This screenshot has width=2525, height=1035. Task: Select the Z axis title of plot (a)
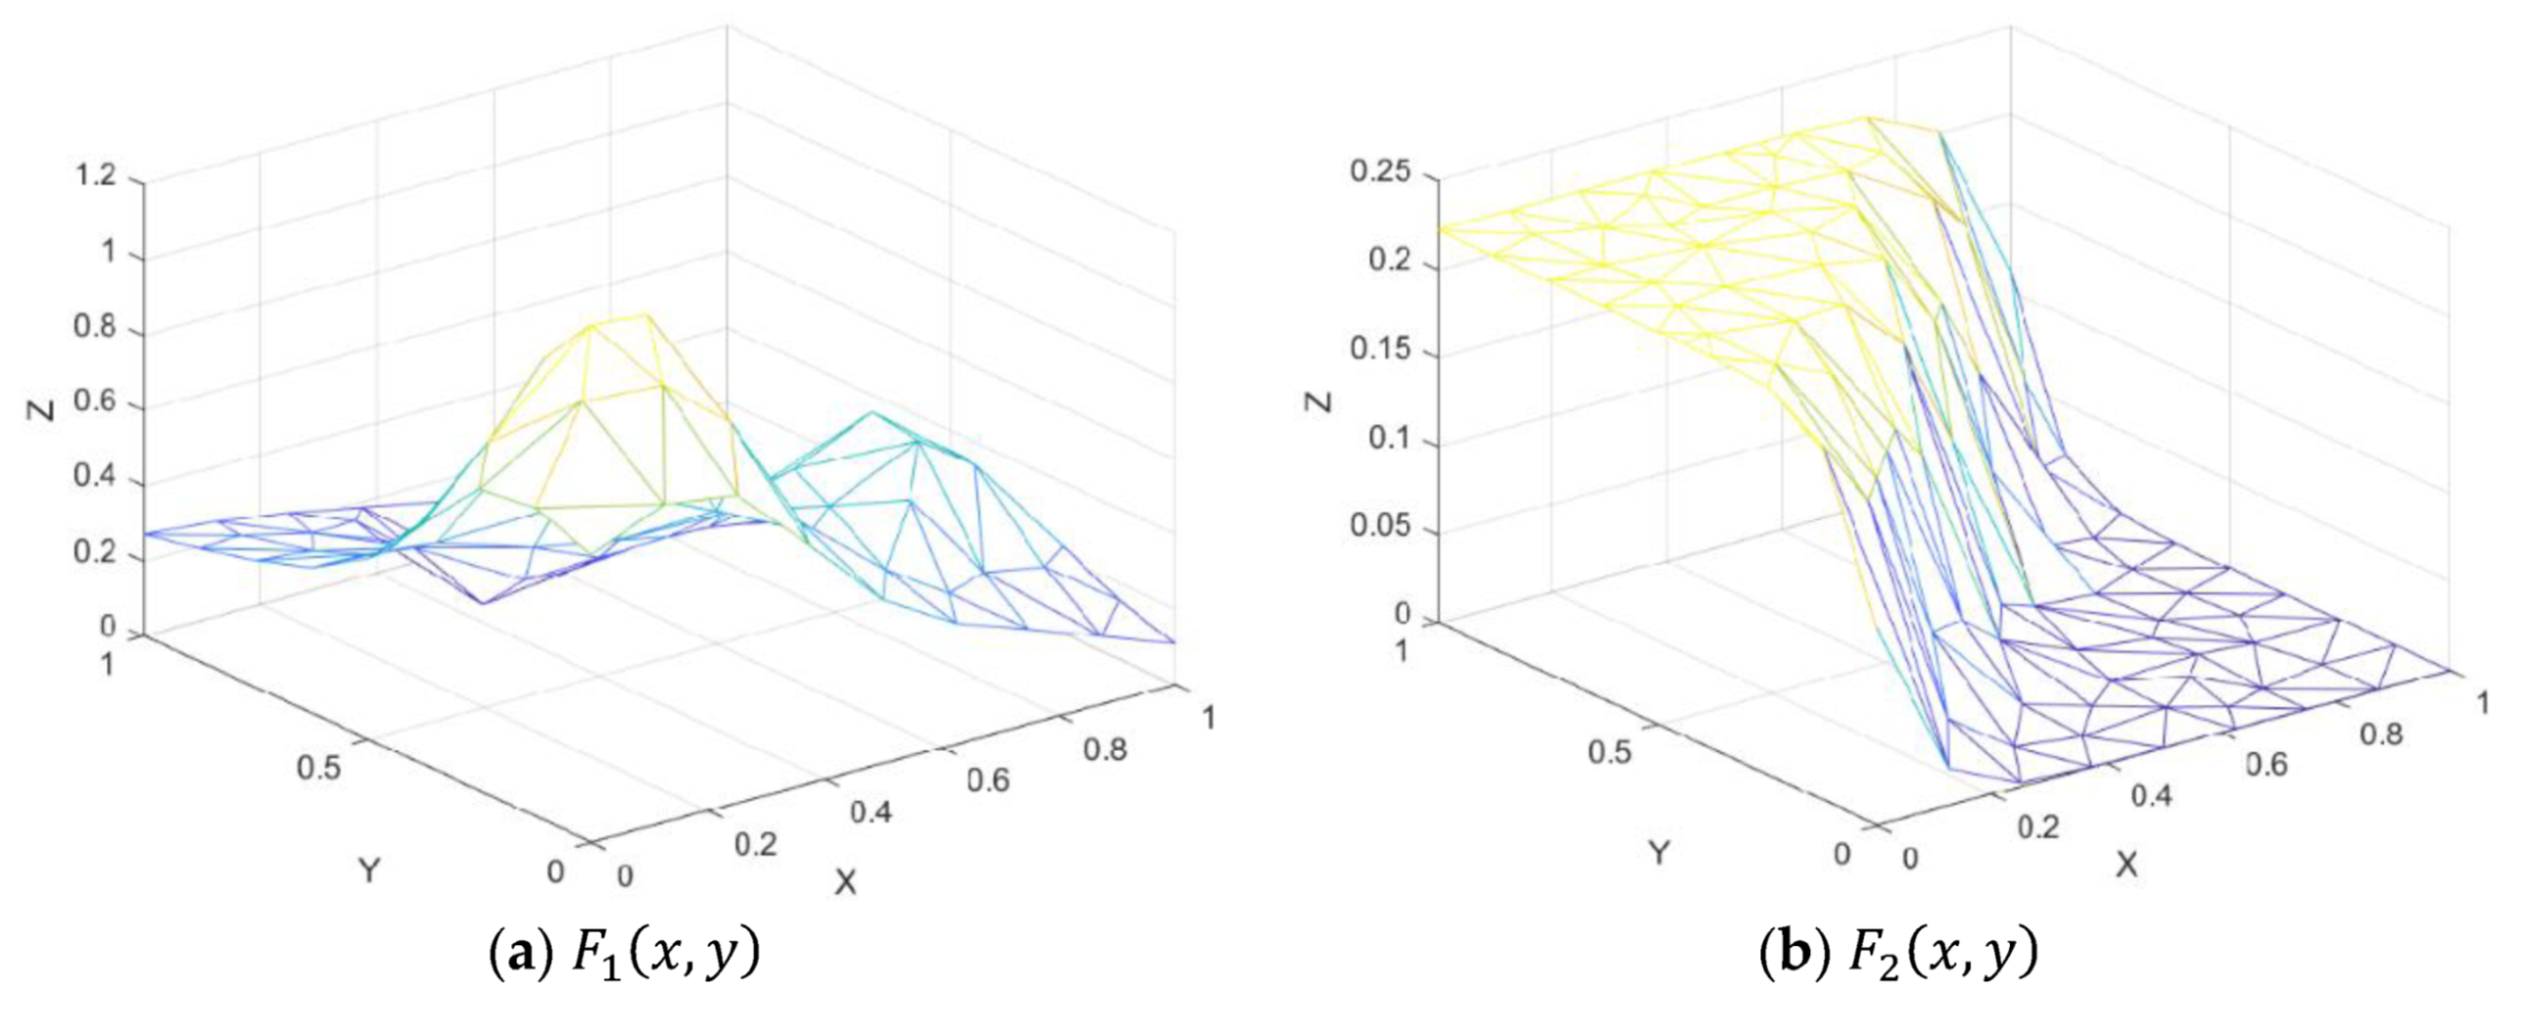coord(42,408)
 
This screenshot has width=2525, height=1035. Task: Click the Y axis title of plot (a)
coord(369,869)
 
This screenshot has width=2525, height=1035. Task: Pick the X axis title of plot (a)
coord(845,882)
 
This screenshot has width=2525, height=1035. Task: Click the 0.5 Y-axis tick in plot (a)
coord(320,768)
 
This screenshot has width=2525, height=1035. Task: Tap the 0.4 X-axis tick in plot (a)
coord(871,813)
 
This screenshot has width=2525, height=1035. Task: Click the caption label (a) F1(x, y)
coord(624,953)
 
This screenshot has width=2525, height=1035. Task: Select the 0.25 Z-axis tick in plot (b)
coord(1379,173)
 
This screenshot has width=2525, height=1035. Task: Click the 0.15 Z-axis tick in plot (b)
coord(1379,350)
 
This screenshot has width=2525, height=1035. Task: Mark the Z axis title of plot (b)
coord(1322,401)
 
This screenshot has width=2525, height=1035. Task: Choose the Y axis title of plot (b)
coord(1659,853)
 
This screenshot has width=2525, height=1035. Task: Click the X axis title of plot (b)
coord(2125,865)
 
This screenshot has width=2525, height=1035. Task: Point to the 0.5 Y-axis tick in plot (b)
coord(1609,752)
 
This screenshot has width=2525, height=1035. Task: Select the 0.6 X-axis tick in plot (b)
coord(2266,763)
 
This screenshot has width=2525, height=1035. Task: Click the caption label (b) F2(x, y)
coord(1899,953)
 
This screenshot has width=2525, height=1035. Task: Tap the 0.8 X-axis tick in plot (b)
coord(2380,733)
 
